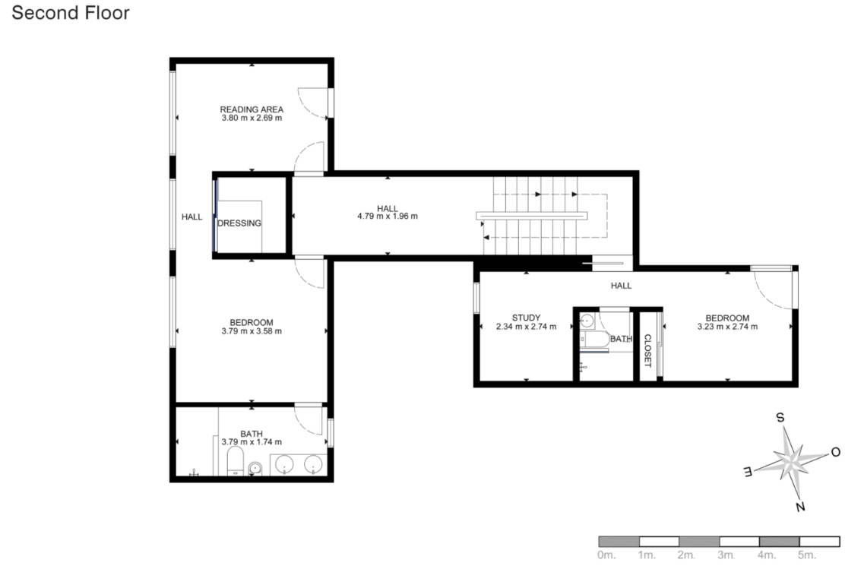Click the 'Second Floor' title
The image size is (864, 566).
(71, 13)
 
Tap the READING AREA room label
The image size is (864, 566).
(252, 109)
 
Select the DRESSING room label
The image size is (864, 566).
(239, 223)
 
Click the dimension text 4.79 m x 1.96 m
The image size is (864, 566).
(388, 217)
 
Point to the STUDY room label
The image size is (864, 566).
(526, 318)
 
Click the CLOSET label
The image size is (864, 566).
(647, 350)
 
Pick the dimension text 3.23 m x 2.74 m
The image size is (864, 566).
(727, 327)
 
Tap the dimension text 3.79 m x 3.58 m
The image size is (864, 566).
(252, 331)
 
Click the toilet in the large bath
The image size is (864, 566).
(236, 460)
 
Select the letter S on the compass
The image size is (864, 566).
(780, 418)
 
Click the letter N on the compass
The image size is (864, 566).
(800, 507)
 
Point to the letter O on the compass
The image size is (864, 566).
(835, 453)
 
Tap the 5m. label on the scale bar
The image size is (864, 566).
(806, 555)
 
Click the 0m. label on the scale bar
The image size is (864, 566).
(606, 555)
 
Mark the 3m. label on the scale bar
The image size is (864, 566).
(726, 555)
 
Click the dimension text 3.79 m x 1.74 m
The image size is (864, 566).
(252, 442)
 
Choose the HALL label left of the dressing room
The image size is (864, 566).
(191, 217)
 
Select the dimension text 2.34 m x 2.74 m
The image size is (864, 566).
(526, 327)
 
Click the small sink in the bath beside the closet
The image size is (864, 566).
(587, 321)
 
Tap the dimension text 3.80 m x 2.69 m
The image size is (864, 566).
(252, 118)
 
